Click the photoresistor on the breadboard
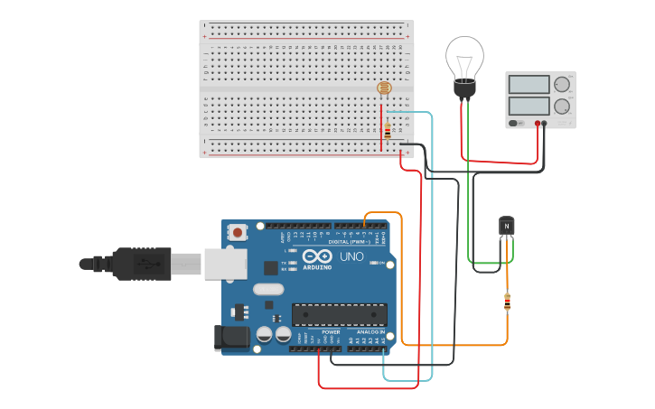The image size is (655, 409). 384,88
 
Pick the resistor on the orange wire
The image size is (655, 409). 507,302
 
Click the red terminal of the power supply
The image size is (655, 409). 538,123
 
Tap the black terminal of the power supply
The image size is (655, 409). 545,123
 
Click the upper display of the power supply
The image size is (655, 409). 529,85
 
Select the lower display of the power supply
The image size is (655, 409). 529,106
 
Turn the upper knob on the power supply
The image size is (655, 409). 562,85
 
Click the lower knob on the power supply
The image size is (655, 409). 562,106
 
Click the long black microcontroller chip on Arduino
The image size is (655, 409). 339,314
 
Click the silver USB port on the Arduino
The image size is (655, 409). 224,263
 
